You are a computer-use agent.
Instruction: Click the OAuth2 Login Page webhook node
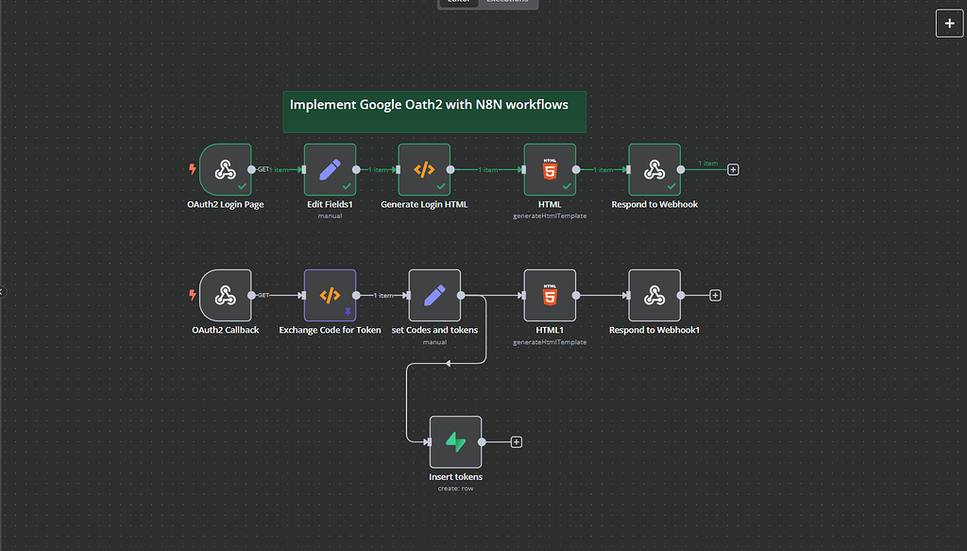pyautogui.click(x=226, y=170)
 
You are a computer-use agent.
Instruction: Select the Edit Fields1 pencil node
pyautogui.click(x=330, y=170)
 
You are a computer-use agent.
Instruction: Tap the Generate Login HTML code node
pyautogui.click(x=424, y=170)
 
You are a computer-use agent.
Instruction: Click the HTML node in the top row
pyautogui.click(x=550, y=170)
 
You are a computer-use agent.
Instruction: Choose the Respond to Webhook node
pyautogui.click(x=654, y=170)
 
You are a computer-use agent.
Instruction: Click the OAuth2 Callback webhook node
pyautogui.click(x=226, y=296)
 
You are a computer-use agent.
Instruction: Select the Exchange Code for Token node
pyautogui.click(x=330, y=296)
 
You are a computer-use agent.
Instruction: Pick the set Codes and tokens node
pyautogui.click(x=434, y=296)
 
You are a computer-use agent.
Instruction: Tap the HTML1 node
pyautogui.click(x=550, y=296)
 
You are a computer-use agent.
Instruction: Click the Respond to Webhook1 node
pyautogui.click(x=654, y=296)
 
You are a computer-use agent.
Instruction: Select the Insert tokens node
pyautogui.click(x=455, y=441)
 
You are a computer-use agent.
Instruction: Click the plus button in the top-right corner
pyautogui.click(x=949, y=24)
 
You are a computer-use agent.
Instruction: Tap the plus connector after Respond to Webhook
pyautogui.click(x=734, y=170)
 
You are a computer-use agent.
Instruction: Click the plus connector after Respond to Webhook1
pyautogui.click(x=715, y=296)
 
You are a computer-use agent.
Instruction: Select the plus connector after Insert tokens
pyautogui.click(x=517, y=441)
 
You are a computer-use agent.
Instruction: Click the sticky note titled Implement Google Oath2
pyautogui.click(x=434, y=112)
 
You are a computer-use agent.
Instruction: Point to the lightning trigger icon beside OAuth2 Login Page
pyautogui.click(x=194, y=170)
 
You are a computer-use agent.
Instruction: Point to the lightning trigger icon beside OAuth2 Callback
pyautogui.click(x=194, y=296)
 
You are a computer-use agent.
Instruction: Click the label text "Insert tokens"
pyautogui.click(x=455, y=477)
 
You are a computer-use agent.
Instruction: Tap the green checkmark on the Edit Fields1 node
pyautogui.click(x=346, y=186)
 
